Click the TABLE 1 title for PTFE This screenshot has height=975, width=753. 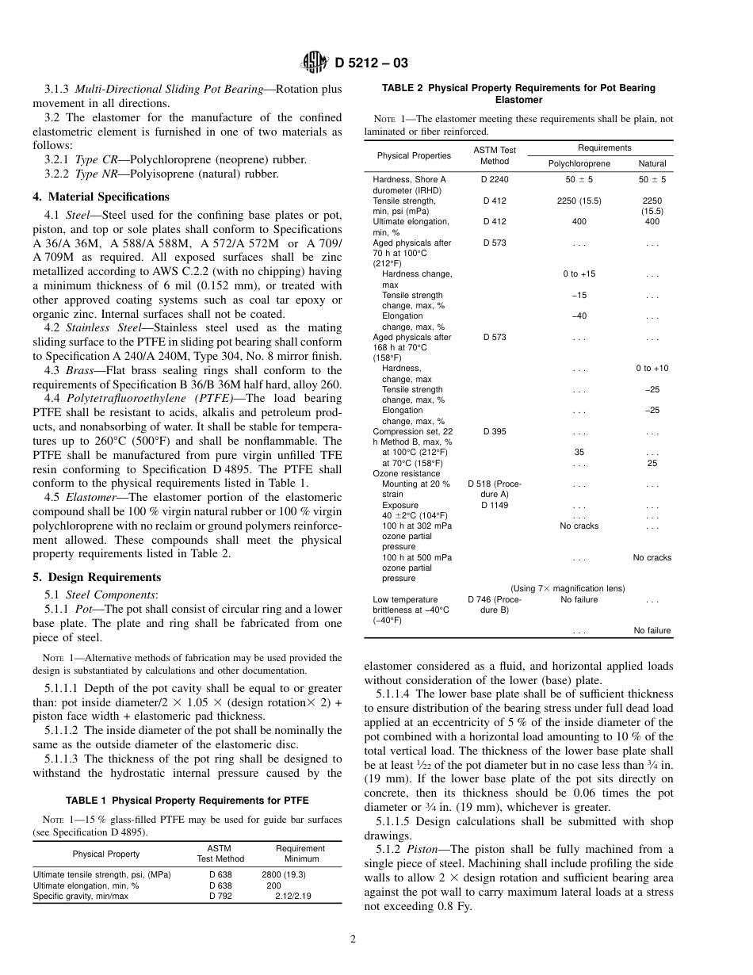coord(187,800)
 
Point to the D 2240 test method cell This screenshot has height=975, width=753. coord(495,180)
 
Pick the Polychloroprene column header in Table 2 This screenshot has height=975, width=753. coord(579,163)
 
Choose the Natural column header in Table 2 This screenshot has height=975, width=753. coord(652,163)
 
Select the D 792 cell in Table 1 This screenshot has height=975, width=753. coord(220,896)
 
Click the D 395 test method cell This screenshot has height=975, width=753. coord(495,432)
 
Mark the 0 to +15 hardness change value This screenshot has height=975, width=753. coord(579,274)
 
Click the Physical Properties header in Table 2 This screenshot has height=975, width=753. coord(414,155)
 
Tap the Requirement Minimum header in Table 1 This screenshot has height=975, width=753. coord(301,854)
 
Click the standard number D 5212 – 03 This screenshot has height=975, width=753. coord(372,63)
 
